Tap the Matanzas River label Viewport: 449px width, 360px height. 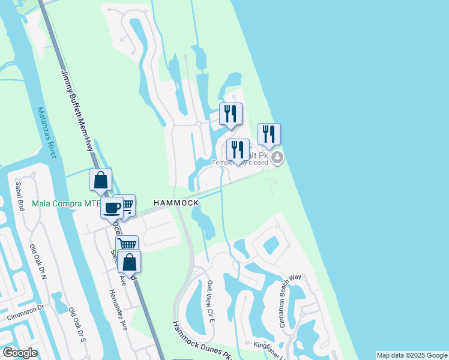click(x=46, y=133)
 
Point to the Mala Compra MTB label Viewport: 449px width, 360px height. click(x=65, y=204)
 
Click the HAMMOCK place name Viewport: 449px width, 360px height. click(x=176, y=203)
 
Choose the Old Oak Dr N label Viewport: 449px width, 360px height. click(x=43, y=257)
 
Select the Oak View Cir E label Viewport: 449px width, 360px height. click(x=211, y=301)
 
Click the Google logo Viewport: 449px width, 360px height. click(x=19, y=353)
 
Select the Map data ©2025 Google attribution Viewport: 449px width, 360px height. click(x=412, y=355)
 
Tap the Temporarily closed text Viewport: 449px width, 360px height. click(x=240, y=162)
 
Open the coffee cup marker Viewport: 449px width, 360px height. click(x=112, y=208)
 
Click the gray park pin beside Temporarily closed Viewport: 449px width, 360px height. click(x=277, y=158)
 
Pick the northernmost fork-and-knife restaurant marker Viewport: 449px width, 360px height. click(x=231, y=113)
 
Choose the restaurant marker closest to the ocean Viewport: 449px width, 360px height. click(x=269, y=134)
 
